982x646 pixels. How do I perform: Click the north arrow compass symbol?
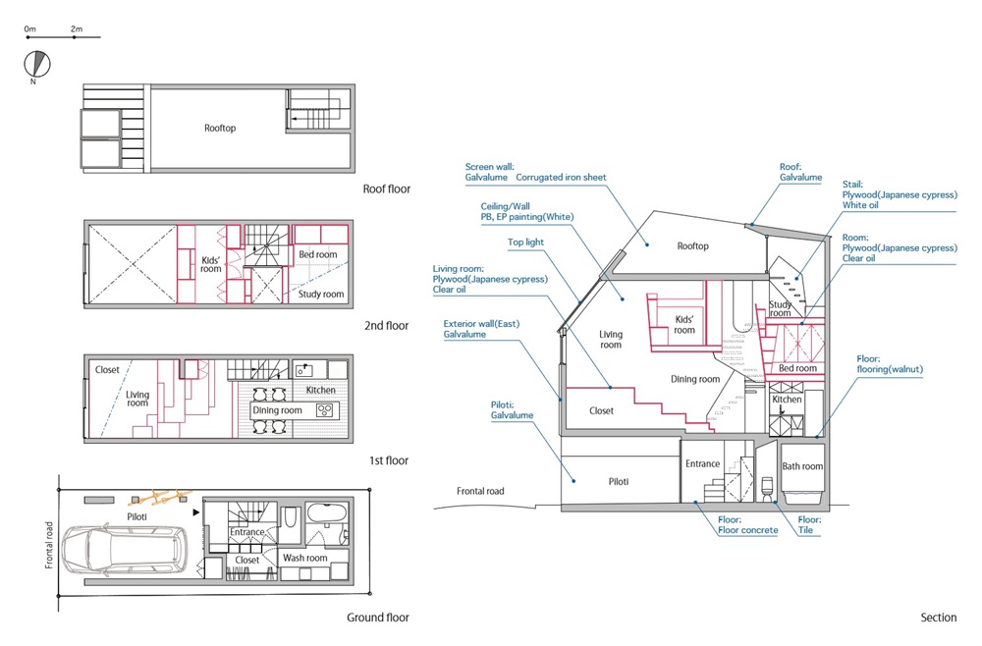37,64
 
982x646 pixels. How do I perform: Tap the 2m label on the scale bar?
77,28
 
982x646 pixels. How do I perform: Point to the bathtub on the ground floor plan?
326,512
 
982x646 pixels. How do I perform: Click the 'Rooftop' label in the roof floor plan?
220,128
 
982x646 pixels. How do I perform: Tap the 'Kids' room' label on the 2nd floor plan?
211,264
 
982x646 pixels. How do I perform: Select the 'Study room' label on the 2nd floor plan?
321,294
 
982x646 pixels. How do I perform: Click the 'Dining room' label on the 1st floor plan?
277,410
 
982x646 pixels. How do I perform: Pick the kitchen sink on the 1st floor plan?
304,370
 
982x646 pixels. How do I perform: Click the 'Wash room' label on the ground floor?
304,557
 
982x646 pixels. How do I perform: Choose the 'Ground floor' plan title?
378,618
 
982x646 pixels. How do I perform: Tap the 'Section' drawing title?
938,618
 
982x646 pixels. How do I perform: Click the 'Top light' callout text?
525,242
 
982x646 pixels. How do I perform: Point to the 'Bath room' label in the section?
802,465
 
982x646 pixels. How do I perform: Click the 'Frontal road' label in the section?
480,491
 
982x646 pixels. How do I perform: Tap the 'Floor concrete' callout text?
747,529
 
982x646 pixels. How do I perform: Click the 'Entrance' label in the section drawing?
703,463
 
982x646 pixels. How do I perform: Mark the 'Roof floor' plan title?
386,188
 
